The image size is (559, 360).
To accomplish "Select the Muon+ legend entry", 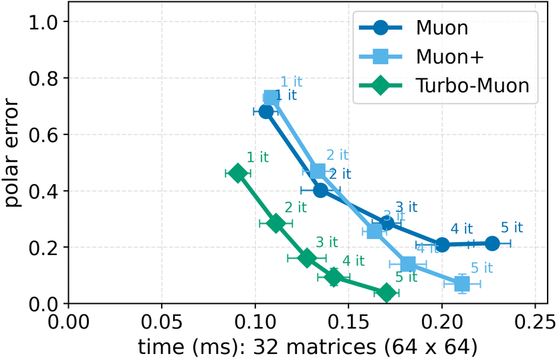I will (x=442, y=57).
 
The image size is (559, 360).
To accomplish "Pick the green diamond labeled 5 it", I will (x=386, y=292).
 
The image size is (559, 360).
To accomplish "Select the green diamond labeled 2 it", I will (x=275, y=223).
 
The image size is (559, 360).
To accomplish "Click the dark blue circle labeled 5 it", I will (x=492, y=244).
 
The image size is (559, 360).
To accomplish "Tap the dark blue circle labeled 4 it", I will (x=442, y=245).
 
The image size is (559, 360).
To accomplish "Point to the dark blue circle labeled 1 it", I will (x=266, y=111).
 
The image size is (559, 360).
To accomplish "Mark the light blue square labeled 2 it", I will (x=318, y=171).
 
